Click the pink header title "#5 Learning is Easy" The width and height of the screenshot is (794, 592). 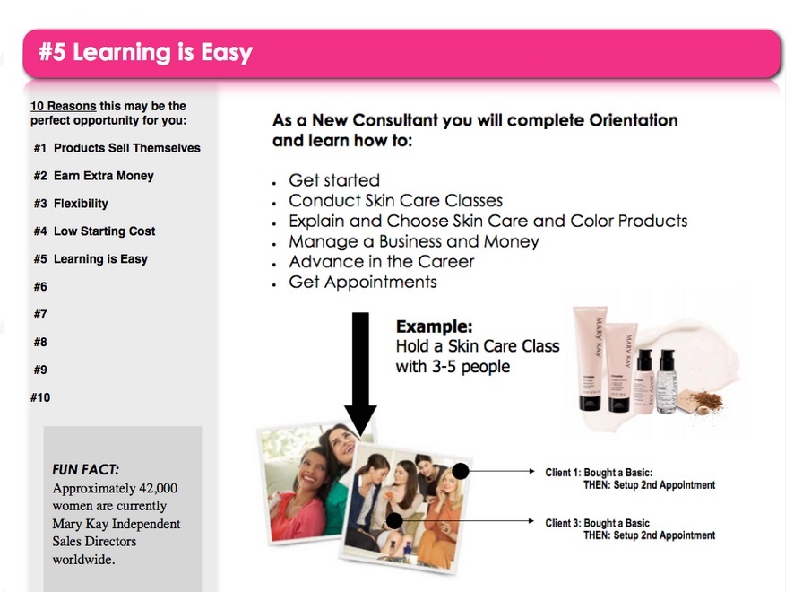click(x=145, y=53)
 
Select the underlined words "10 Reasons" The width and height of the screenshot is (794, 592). click(x=64, y=106)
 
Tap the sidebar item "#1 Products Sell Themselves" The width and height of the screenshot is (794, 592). click(x=117, y=148)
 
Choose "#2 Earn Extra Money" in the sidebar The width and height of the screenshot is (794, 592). click(x=94, y=176)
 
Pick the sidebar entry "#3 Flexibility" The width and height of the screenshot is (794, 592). click(x=71, y=204)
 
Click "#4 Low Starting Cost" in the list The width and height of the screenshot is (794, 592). click(x=94, y=231)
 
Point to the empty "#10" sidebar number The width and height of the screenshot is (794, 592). click(x=40, y=397)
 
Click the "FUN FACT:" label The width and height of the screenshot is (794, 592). click(x=85, y=470)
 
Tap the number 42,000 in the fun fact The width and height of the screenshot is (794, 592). click(x=158, y=488)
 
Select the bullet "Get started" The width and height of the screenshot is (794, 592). click(x=334, y=180)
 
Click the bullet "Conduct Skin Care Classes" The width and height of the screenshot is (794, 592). click(x=395, y=201)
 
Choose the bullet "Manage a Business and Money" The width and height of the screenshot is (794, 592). click(x=414, y=241)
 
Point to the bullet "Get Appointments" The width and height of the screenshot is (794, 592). click(x=363, y=283)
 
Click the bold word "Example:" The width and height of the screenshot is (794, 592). click(x=434, y=326)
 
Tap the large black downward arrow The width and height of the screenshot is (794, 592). click(x=360, y=373)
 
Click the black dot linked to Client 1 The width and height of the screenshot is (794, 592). click(x=461, y=472)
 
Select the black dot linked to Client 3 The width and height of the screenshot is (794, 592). click(x=394, y=520)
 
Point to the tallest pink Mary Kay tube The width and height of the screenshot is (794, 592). click(x=590, y=358)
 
